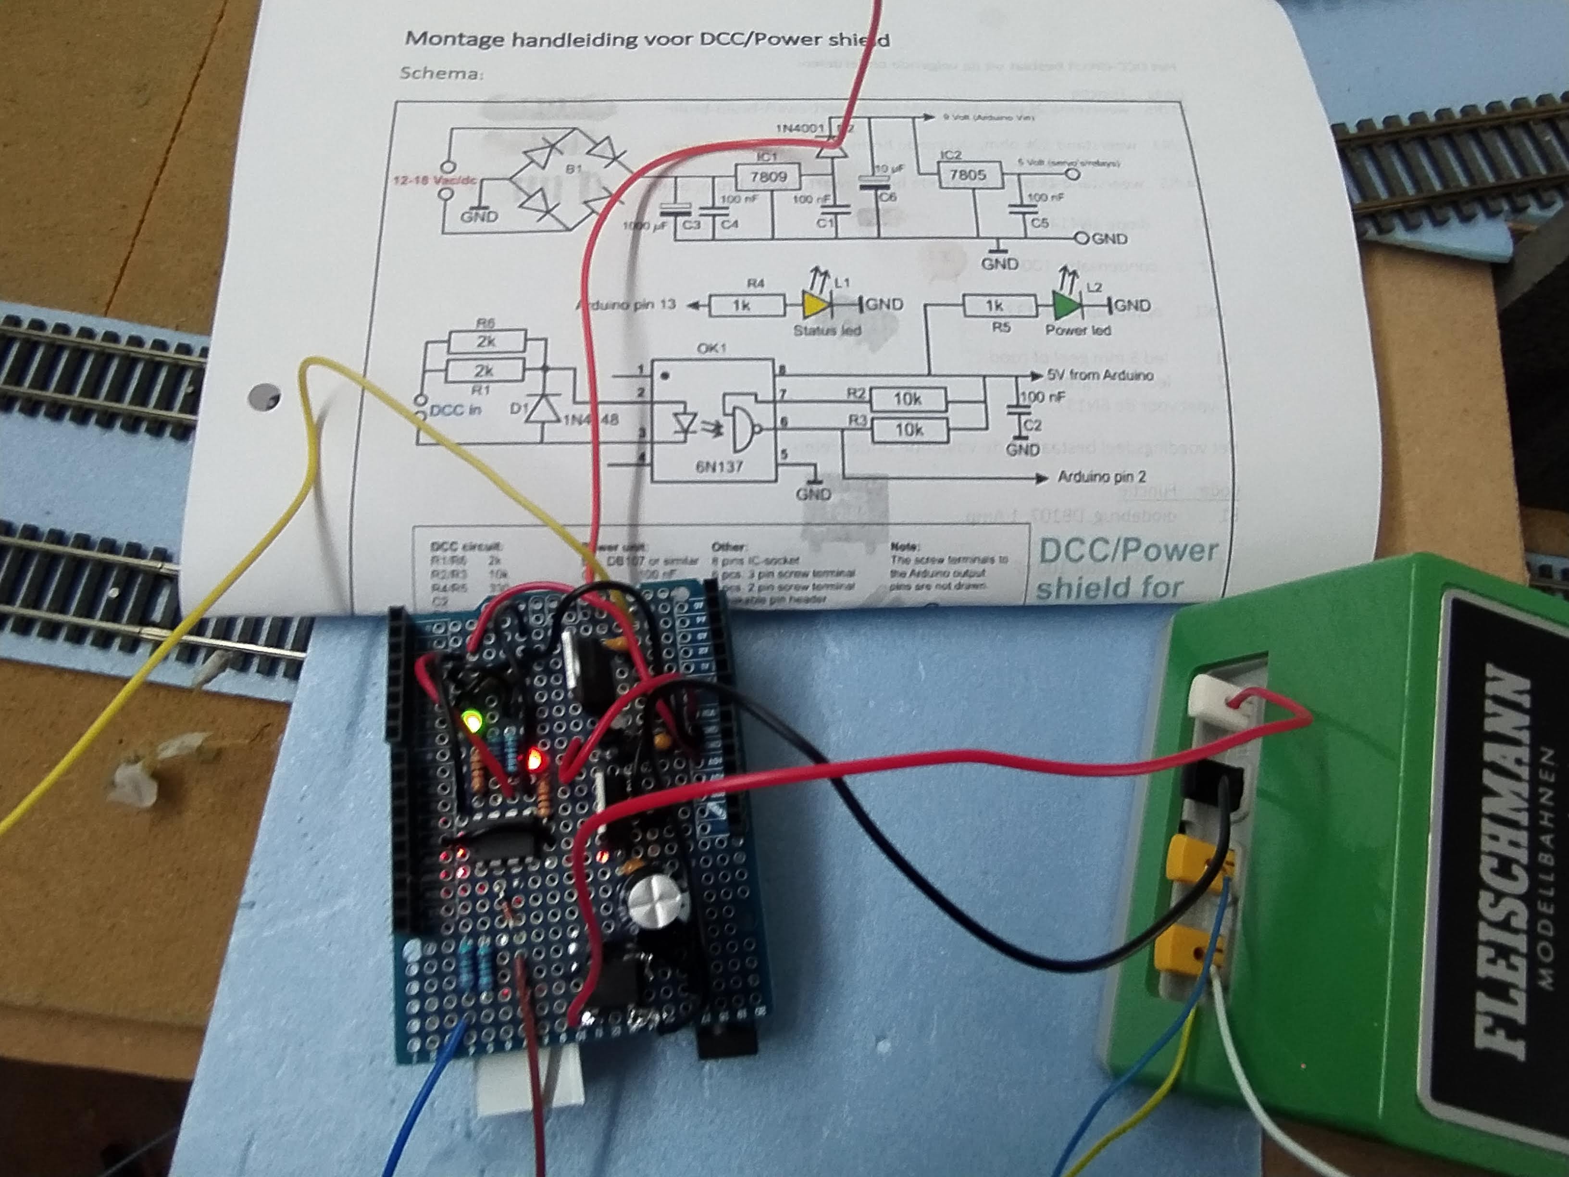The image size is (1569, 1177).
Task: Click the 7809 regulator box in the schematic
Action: [x=768, y=176]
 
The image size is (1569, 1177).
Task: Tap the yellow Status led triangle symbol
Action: [x=815, y=305]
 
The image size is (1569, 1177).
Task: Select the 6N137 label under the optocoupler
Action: [x=719, y=466]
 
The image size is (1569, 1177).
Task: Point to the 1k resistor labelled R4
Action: [x=742, y=306]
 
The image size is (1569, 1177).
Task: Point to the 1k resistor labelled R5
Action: [x=995, y=306]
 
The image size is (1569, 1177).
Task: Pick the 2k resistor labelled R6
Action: [x=486, y=341]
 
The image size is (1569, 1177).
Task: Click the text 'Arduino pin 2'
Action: [x=1101, y=477]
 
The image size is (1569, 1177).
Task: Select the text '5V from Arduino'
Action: [x=1099, y=375]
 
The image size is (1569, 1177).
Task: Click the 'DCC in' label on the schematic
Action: [x=455, y=410]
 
